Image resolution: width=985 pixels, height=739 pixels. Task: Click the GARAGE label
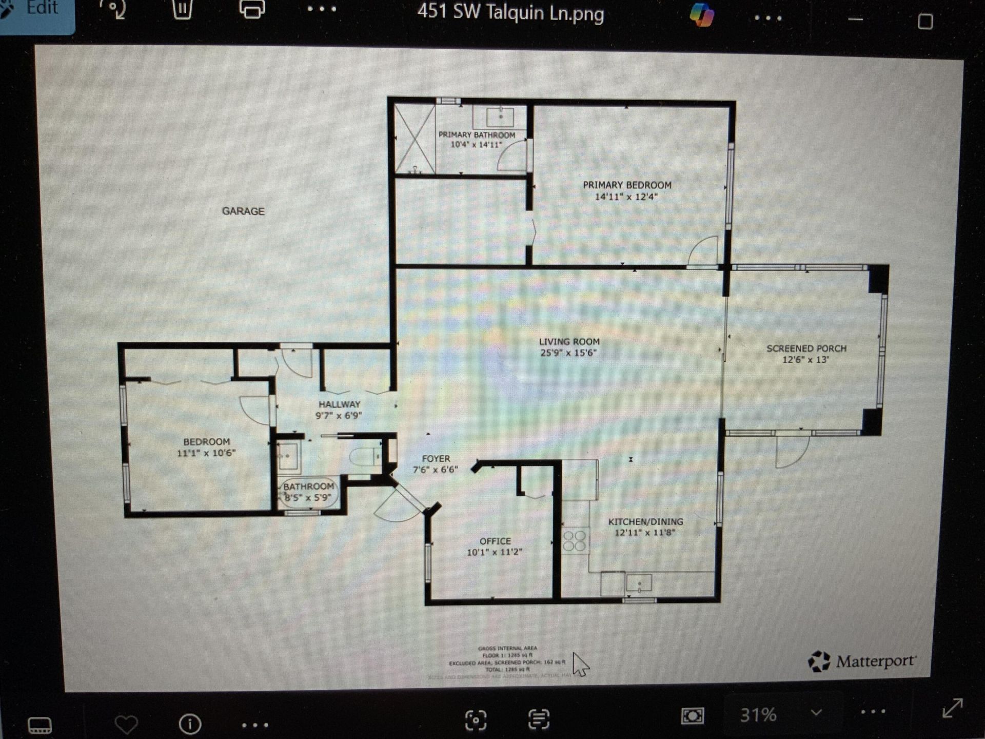243,211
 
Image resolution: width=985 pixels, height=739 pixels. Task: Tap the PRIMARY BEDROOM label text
627,185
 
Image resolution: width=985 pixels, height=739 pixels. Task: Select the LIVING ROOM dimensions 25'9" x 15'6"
568,353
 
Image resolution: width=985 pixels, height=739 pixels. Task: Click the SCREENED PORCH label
806,349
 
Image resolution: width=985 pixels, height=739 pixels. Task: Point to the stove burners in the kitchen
575,541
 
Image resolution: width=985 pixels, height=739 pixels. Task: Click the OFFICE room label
495,541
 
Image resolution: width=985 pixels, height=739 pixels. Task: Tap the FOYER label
436,459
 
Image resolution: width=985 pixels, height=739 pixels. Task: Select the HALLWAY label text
339,404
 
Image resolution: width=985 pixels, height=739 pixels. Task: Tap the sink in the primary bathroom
500,117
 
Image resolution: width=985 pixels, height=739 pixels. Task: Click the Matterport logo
862,661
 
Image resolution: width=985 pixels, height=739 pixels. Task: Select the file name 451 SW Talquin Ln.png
510,12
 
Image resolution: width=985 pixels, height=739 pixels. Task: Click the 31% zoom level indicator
758,714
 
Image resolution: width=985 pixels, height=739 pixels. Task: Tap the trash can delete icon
182,9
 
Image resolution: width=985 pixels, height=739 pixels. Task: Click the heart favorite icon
126,724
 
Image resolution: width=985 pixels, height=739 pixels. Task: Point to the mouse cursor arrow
580,664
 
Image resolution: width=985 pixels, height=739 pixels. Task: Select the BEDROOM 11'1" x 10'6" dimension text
206,453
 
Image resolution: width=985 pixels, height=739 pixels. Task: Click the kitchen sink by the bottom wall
639,583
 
